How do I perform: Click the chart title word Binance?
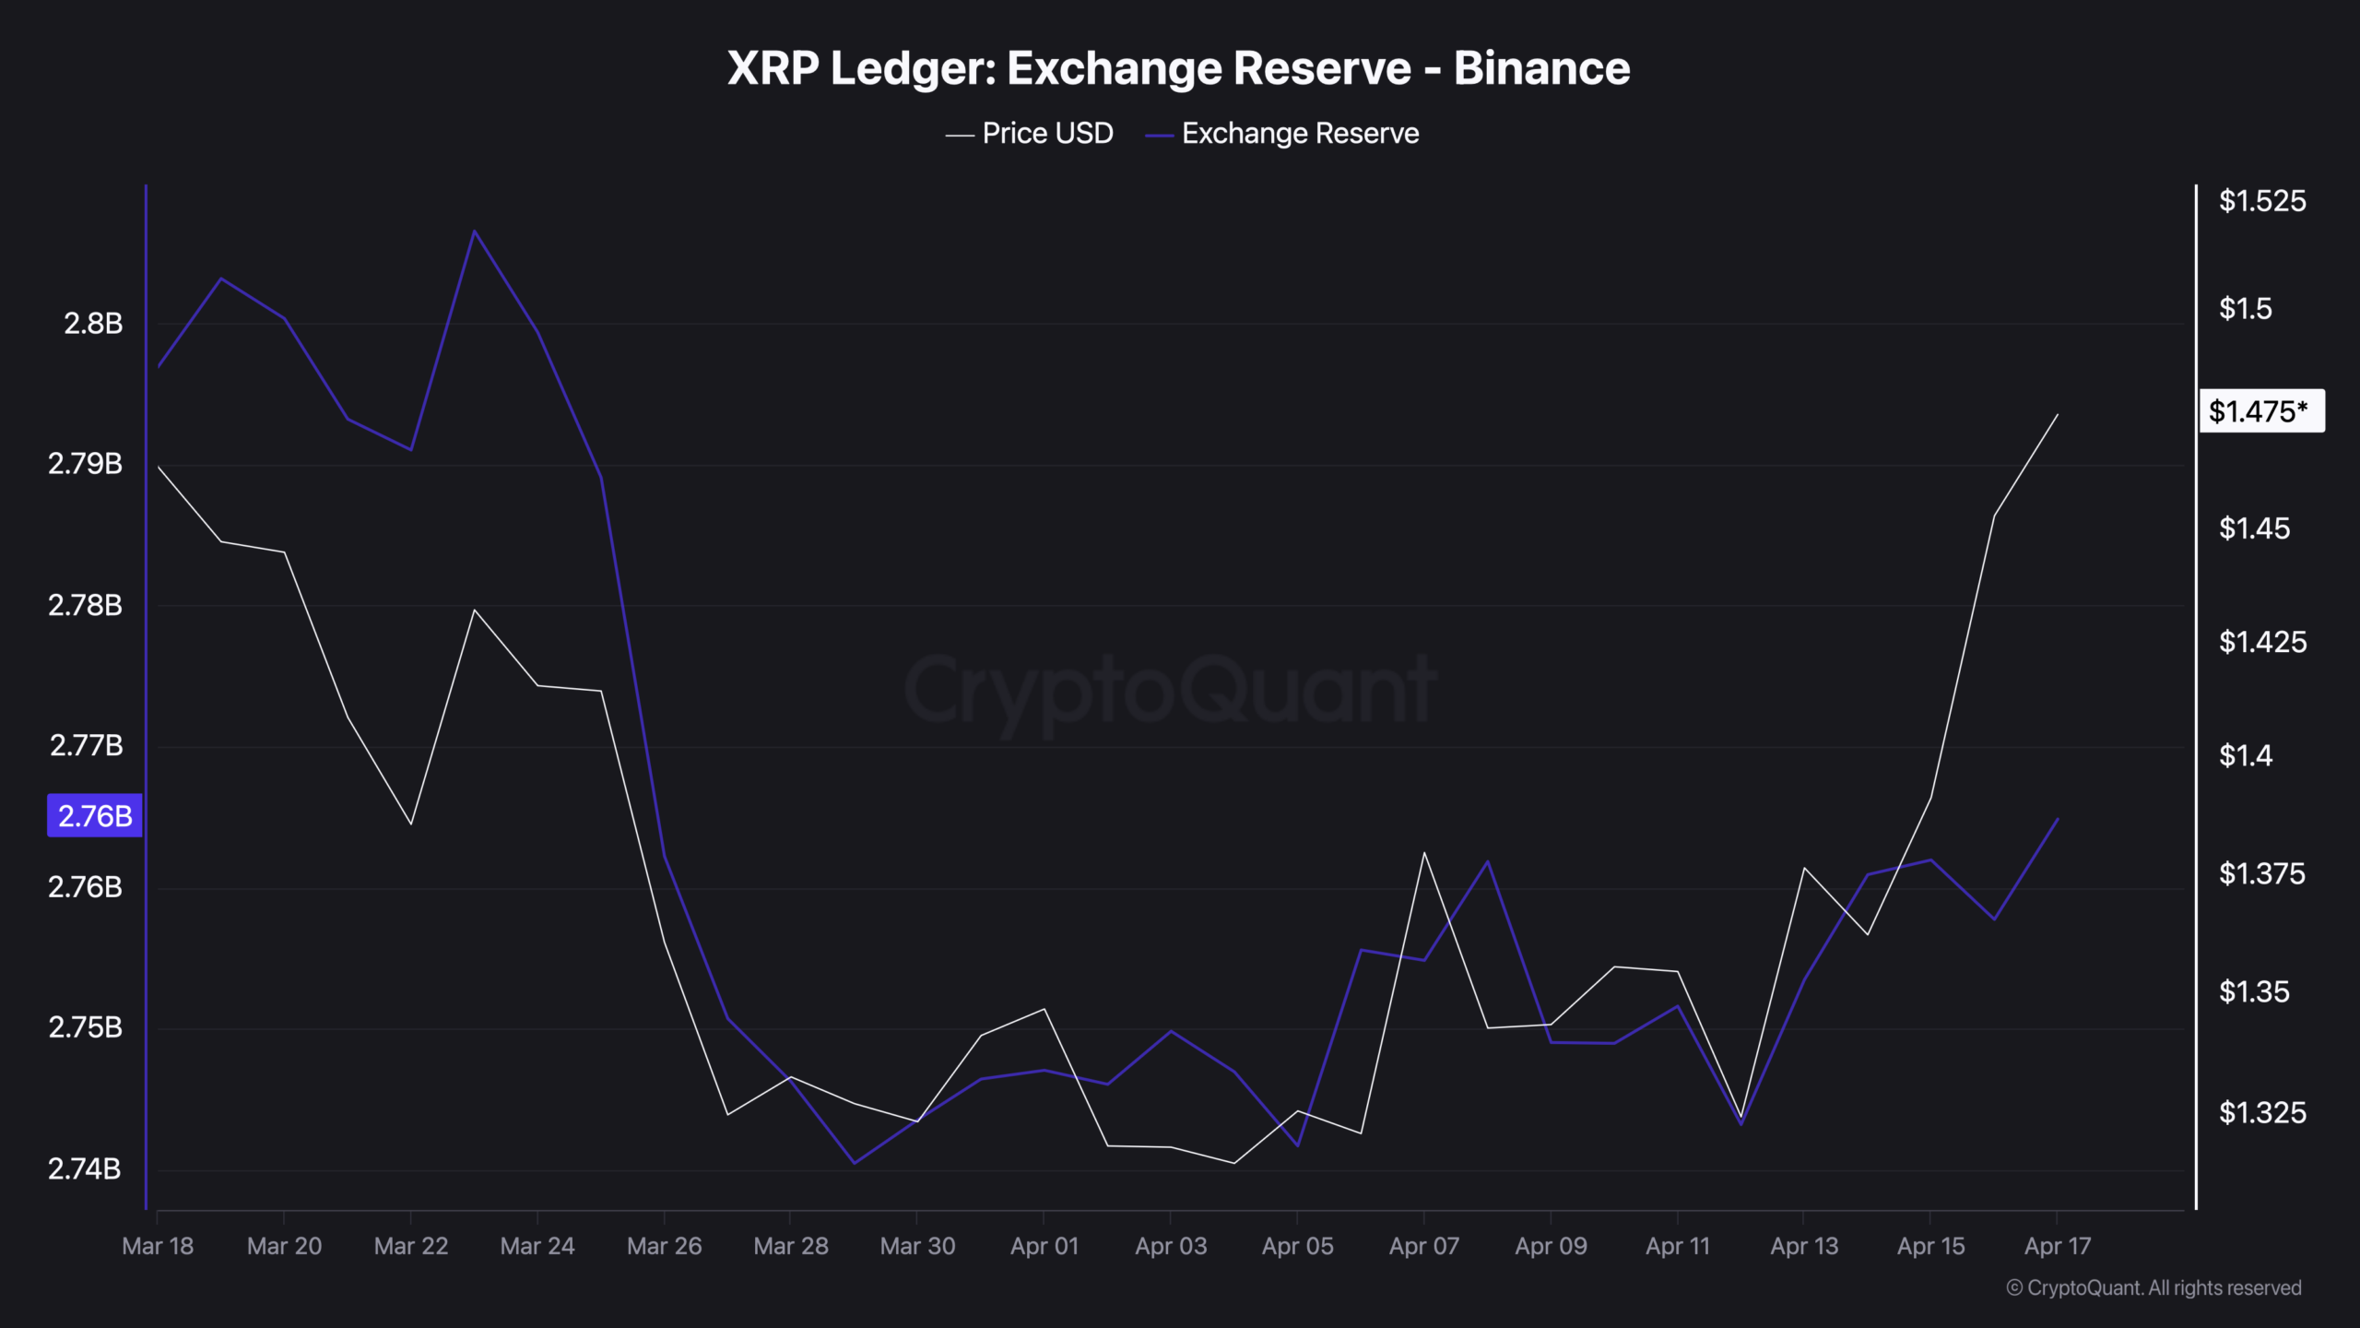(x=1541, y=68)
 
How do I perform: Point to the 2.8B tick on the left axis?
(x=93, y=324)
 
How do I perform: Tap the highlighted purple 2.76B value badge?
(x=95, y=816)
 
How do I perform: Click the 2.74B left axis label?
(x=85, y=1169)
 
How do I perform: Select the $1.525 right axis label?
(x=2261, y=201)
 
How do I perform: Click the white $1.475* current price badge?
(x=2260, y=411)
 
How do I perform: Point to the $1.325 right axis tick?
(x=2261, y=1113)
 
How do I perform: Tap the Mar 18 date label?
(x=158, y=1247)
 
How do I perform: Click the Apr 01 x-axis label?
(x=1044, y=1247)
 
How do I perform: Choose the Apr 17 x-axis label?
(x=2057, y=1247)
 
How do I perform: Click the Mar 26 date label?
(x=664, y=1247)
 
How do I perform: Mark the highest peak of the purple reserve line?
(x=474, y=231)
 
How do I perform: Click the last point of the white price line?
(x=2057, y=415)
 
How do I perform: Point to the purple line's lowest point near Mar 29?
(x=854, y=1163)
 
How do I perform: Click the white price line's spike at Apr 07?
(x=1423, y=853)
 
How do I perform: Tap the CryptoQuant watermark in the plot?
(x=1169, y=690)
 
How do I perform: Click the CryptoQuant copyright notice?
(x=2153, y=1288)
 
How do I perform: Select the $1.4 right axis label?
(x=2245, y=756)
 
